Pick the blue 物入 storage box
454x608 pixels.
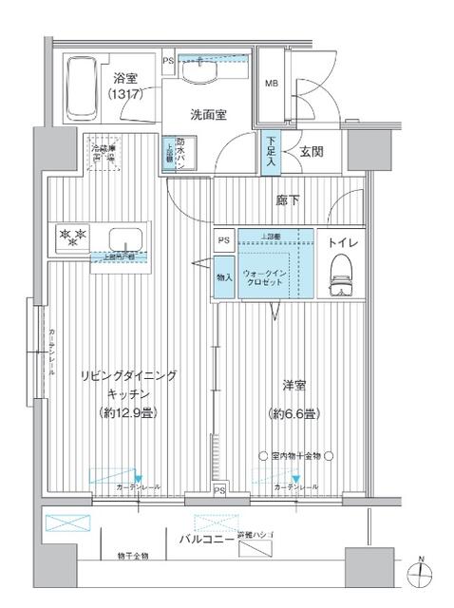point(224,278)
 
